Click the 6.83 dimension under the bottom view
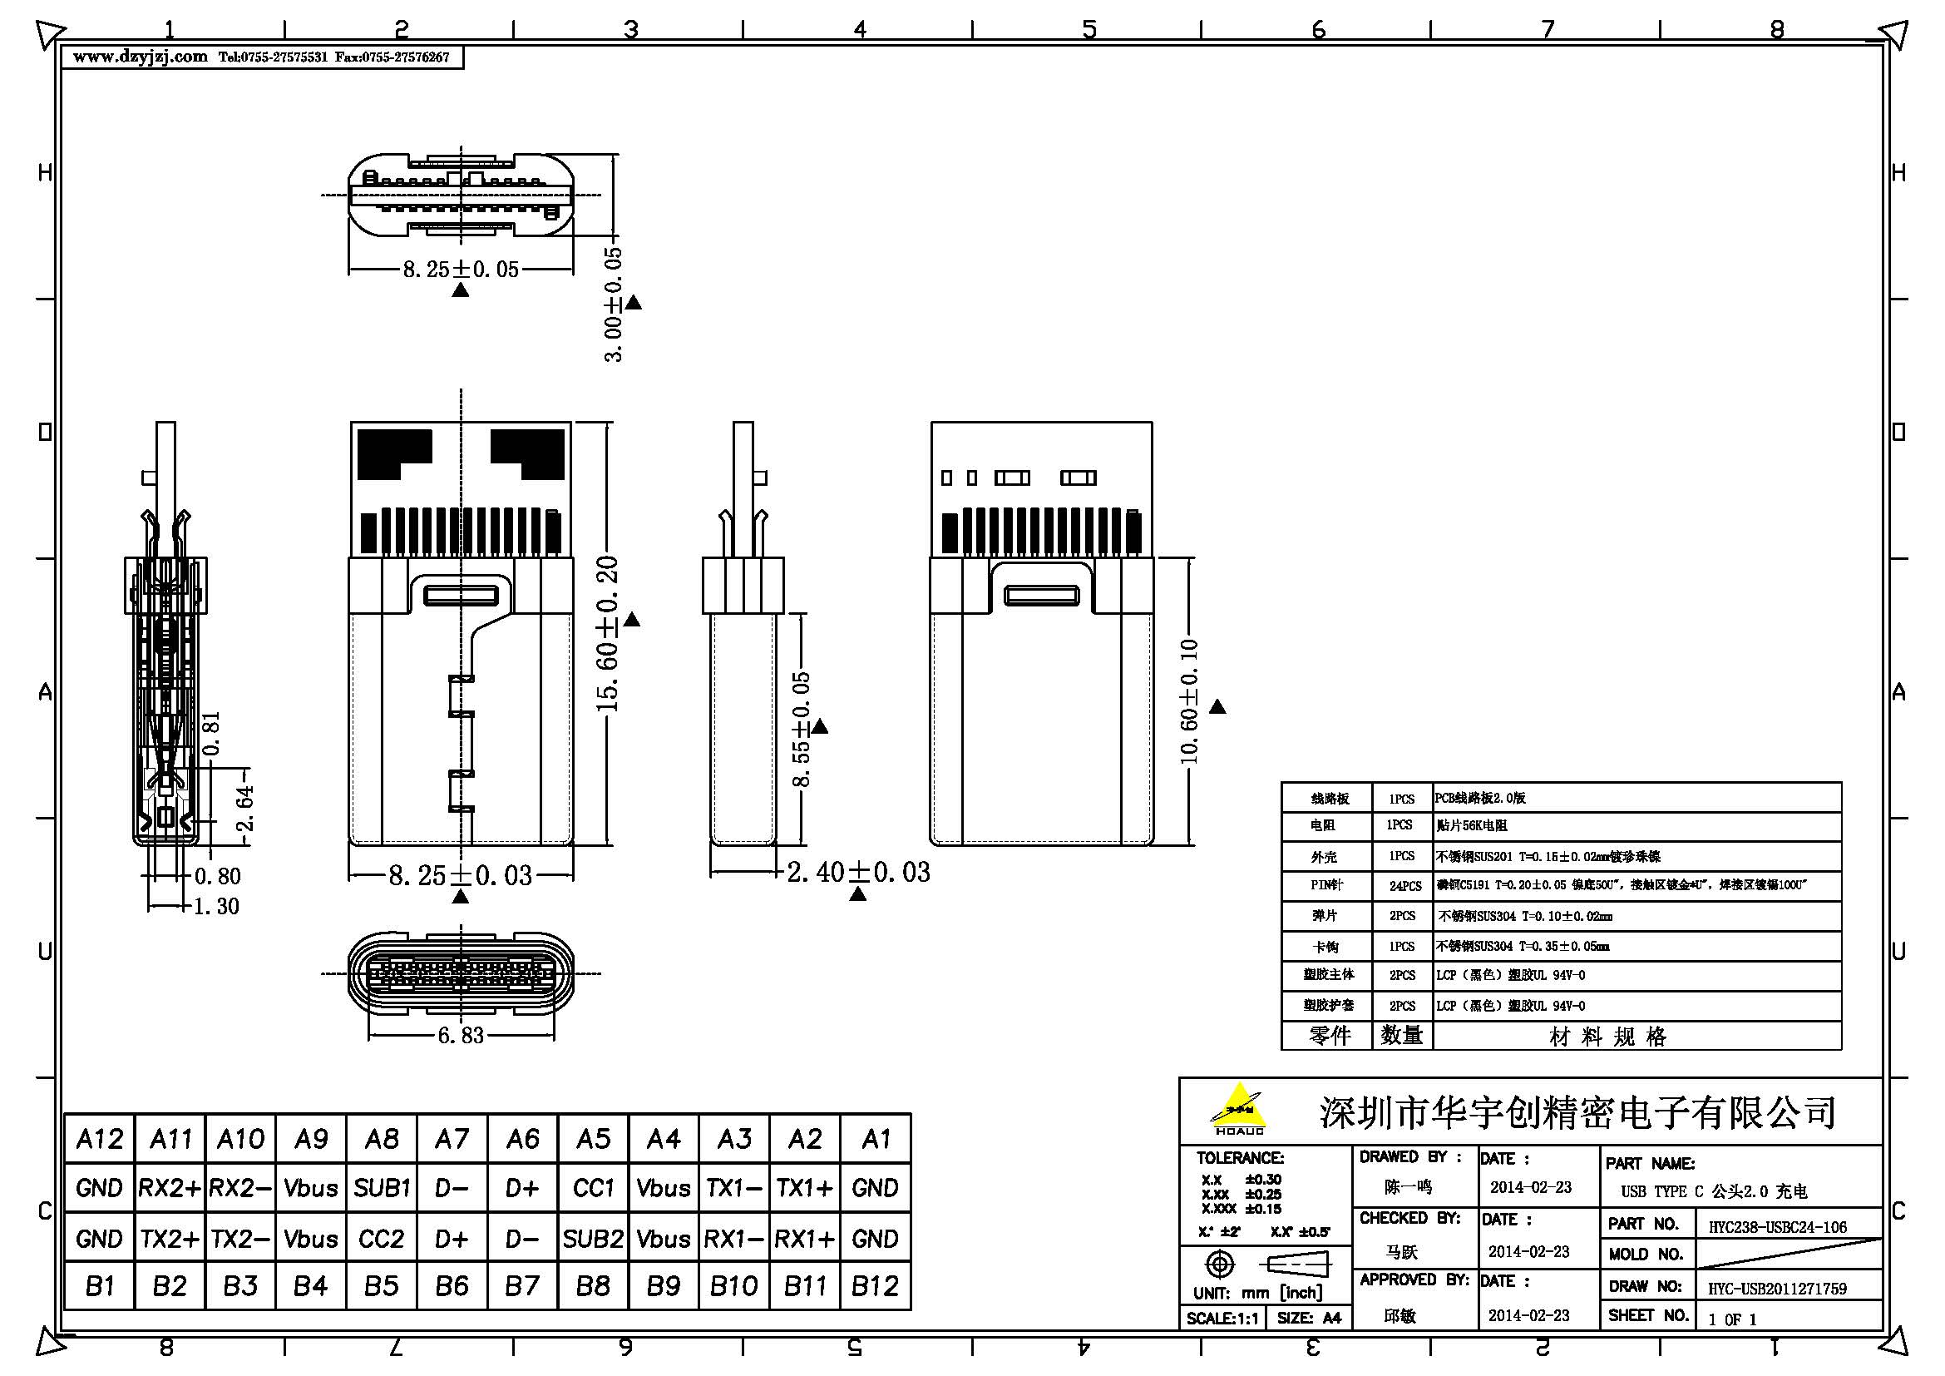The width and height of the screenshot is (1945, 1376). pyautogui.click(x=460, y=1035)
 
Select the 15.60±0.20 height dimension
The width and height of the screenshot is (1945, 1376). pyautogui.click(x=608, y=634)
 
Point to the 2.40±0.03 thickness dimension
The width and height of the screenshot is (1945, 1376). pyautogui.click(x=858, y=872)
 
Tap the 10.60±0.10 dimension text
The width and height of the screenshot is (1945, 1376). pyautogui.click(x=1188, y=700)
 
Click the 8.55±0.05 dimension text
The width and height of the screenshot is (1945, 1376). pyautogui.click(x=801, y=729)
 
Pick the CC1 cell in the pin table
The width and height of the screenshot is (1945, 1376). pyautogui.click(x=593, y=1188)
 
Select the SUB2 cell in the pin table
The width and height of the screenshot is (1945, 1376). pyautogui.click(x=593, y=1239)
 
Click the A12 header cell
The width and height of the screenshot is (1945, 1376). pyautogui.click(x=99, y=1139)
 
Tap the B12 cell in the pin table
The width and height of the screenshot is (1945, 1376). pyautogui.click(x=875, y=1286)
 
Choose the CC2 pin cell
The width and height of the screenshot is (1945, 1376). pyautogui.click(x=381, y=1239)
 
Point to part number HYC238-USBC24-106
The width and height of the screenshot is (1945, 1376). pyautogui.click(x=1777, y=1227)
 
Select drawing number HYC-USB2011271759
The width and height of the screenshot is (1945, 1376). pyautogui.click(x=1777, y=1289)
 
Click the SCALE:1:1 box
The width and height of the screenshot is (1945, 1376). pyautogui.click(x=1222, y=1319)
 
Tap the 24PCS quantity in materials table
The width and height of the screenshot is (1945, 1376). pyautogui.click(x=1405, y=886)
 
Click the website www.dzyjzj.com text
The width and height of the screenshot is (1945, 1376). pyautogui.click(x=141, y=57)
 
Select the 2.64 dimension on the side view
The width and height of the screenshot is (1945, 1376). pyautogui.click(x=244, y=809)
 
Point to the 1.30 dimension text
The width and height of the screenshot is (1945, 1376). pyautogui.click(x=217, y=907)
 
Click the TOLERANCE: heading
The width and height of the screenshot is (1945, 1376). pyautogui.click(x=1239, y=1157)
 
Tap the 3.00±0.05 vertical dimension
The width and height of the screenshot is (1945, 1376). pyautogui.click(x=614, y=305)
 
